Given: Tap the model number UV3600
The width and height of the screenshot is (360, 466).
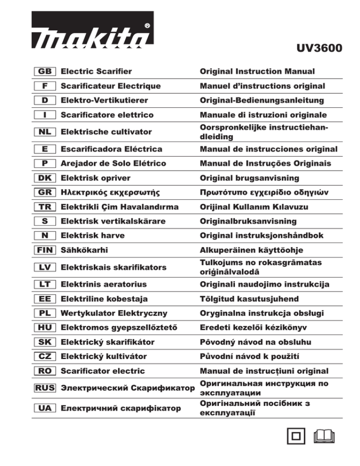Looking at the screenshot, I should [x=319, y=49].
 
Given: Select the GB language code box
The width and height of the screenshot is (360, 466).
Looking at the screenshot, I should [x=45, y=72].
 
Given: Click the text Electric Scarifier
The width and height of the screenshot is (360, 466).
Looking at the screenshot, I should [x=96, y=72].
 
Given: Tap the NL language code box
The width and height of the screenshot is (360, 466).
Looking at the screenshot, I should [x=45, y=132].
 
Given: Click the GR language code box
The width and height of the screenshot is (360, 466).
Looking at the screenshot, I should [x=45, y=192].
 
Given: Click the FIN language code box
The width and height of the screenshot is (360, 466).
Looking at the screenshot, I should [x=45, y=250].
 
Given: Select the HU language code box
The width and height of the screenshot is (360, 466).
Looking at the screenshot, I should [x=45, y=328].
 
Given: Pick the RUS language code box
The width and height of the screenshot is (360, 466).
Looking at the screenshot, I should [x=45, y=388].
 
